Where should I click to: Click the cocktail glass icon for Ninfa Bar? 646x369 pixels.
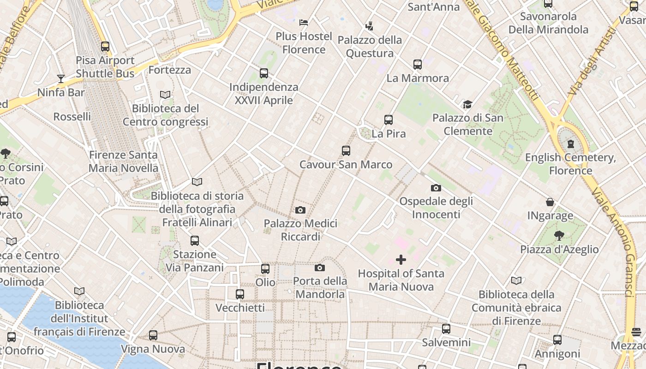click(60, 78)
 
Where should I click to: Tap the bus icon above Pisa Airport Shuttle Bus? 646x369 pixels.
click(105, 47)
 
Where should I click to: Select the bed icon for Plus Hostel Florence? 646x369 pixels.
click(304, 22)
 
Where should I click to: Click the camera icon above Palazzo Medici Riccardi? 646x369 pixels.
click(300, 210)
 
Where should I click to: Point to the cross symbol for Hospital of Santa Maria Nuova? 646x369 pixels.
click(401, 260)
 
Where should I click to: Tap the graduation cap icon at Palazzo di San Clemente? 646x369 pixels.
click(467, 104)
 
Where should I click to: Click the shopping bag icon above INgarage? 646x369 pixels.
click(550, 202)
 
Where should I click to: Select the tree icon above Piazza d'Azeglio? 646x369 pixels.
click(559, 236)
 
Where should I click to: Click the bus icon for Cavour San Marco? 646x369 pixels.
click(346, 151)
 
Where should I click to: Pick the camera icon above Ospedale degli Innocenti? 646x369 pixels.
click(436, 188)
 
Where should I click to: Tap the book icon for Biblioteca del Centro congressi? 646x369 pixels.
click(165, 95)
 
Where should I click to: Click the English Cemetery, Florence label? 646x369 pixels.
click(571, 164)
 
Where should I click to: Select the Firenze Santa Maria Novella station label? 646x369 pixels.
click(123, 161)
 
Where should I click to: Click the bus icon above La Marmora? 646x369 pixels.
click(418, 65)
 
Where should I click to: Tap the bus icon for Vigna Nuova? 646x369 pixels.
click(153, 335)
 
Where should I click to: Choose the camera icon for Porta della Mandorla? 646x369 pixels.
click(319, 268)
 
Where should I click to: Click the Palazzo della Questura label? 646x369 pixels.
click(370, 47)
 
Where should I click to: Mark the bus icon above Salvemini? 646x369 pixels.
click(446, 329)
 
